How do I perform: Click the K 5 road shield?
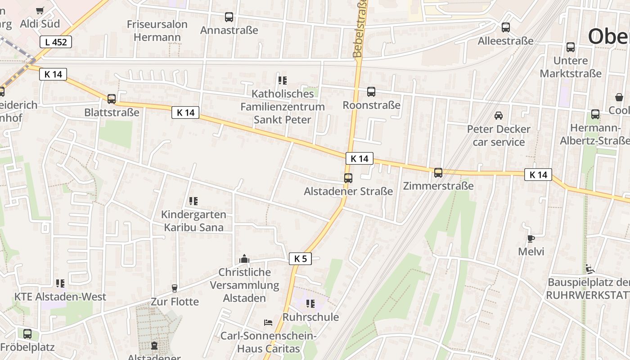300,259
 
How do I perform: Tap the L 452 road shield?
56,42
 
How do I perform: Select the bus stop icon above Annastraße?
229,17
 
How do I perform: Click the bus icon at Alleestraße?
506,27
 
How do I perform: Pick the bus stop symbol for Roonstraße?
371,92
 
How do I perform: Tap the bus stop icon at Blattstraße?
112,99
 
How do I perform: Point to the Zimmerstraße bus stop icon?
438,172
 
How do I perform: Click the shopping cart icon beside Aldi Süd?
40,10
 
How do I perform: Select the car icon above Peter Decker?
499,116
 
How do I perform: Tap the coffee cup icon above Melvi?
531,238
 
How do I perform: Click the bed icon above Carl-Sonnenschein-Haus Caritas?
268,323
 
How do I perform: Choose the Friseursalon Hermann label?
157,31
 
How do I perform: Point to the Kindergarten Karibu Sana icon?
193,201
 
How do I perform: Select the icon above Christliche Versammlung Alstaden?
244,259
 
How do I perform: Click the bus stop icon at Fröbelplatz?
27,334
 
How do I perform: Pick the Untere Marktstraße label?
571,67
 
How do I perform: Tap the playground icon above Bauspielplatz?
590,269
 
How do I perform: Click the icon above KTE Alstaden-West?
60,283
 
